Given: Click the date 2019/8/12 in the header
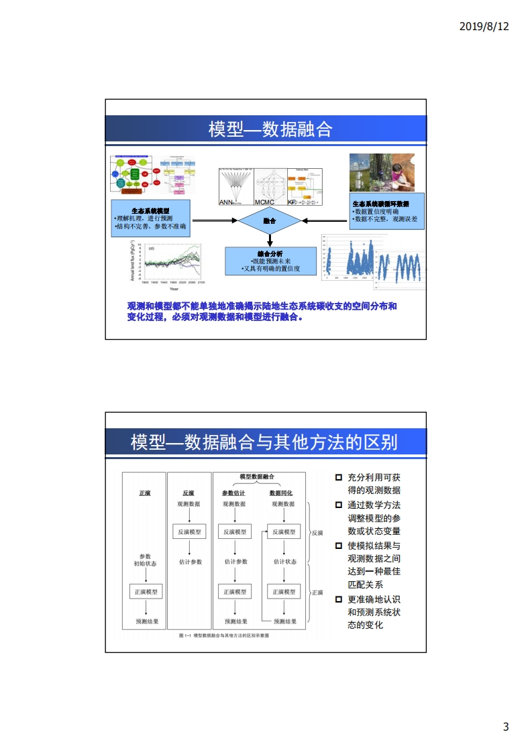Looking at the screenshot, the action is pyautogui.click(x=484, y=26).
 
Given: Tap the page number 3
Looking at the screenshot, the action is pyautogui.click(x=506, y=727).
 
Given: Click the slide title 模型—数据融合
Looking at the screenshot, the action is pyautogui.click(x=270, y=129).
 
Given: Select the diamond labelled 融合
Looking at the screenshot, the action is pyautogui.click(x=270, y=221).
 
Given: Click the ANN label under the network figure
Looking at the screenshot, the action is pyautogui.click(x=226, y=202).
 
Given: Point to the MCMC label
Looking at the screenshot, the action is pyautogui.click(x=265, y=202).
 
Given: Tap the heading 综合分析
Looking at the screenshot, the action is pyautogui.click(x=270, y=253).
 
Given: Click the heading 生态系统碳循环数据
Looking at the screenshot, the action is pyautogui.click(x=380, y=204).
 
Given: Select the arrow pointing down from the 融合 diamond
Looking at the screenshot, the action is pyautogui.click(x=270, y=240).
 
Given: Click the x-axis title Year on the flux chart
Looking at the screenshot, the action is pyautogui.click(x=174, y=289).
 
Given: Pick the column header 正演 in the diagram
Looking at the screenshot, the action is pyautogui.click(x=145, y=493).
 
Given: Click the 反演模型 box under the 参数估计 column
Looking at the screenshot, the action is pyautogui.click(x=236, y=531).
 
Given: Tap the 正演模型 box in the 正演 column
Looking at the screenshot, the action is pyautogui.click(x=145, y=592).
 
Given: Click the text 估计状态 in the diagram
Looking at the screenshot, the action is pyautogui.click(x=284, y=562).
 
